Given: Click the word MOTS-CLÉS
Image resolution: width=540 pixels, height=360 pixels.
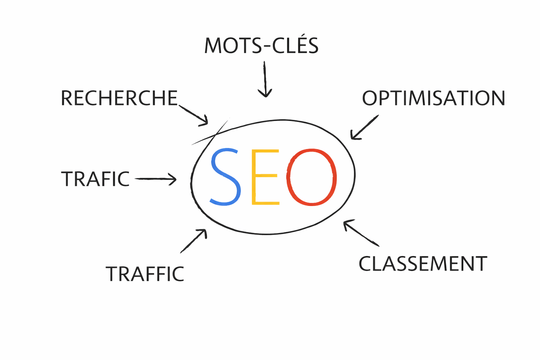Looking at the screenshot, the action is [261, 46].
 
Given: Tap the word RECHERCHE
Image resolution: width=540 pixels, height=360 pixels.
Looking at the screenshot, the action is [119, 98].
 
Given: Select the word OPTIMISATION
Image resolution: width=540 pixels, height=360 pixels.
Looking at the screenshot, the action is [433, 98].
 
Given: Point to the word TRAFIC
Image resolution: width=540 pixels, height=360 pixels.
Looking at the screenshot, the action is [95, 179].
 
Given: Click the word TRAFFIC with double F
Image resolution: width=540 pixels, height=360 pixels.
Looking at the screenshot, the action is [145, 274].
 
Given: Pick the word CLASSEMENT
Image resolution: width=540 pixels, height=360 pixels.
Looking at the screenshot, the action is [423, 264].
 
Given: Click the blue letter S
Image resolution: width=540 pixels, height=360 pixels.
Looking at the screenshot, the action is [225, 177].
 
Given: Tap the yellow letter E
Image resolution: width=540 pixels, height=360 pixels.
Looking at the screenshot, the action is [265, 177].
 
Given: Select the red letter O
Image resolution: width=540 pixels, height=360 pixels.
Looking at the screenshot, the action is [311, 177].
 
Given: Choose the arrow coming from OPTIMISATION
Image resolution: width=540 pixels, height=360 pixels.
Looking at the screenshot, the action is [364, 127].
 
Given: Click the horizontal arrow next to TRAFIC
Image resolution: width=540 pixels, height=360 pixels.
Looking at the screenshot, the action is [155, 179].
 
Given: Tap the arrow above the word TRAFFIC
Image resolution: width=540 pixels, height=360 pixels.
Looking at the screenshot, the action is [193, 241].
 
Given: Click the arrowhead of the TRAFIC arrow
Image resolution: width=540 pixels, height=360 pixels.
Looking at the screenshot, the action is [173, 179].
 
